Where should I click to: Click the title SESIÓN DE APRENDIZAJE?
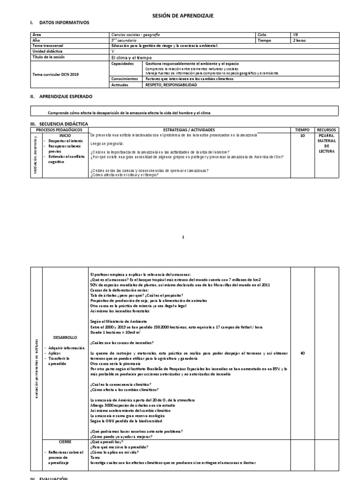183,15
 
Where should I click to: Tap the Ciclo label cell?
262,35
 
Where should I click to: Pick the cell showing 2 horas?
300,41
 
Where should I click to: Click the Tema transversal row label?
48,46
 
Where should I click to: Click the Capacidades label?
123,63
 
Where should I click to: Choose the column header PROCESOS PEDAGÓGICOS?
59,129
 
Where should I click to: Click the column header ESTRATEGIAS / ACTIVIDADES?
189,129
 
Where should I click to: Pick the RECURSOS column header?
326,129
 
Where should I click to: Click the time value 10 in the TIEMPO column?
302,135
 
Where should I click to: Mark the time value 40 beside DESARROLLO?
302,353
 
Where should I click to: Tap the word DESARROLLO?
65,337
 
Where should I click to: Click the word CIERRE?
65,442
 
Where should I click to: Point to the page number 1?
184,238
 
